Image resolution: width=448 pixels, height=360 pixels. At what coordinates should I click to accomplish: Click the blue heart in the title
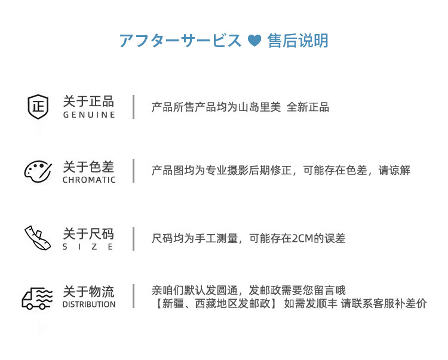254,41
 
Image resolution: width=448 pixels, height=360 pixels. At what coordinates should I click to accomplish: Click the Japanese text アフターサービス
180,41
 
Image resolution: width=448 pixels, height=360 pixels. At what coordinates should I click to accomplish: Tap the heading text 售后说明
297,41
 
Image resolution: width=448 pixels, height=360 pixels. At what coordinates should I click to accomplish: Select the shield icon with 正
38,107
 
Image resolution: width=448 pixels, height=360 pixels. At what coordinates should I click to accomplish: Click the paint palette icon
38,170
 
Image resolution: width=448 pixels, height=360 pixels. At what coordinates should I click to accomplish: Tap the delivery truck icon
38,297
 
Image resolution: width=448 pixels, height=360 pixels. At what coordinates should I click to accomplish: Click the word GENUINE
89,115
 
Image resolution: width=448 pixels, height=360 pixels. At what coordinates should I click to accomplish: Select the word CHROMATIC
89,180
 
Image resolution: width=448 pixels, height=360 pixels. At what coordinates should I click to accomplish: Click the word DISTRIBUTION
89,304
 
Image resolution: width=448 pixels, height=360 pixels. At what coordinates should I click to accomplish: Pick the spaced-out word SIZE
88,247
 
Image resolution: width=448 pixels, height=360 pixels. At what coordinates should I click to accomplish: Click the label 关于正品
88,101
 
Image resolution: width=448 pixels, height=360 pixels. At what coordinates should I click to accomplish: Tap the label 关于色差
88,167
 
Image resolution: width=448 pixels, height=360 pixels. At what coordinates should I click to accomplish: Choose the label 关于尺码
88,233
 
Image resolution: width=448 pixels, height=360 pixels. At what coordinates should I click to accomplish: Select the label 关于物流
88,291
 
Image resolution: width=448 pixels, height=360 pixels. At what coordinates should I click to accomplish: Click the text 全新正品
308,107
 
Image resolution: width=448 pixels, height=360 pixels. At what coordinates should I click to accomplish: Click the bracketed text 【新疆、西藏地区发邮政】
214,304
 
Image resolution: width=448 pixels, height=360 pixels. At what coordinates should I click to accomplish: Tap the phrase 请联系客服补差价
384,304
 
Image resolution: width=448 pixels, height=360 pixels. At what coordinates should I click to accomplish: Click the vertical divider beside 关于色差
133,171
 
